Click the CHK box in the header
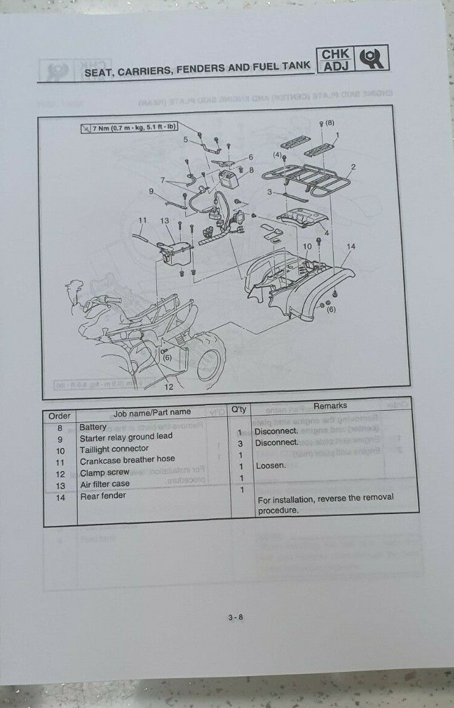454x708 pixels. [335, 54]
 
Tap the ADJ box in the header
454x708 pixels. [335, 66]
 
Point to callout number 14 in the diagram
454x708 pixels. [350, 247]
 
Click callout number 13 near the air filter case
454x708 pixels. [164, 221]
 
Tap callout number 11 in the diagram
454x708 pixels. [142, 220]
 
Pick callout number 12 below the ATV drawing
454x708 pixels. [169, 386]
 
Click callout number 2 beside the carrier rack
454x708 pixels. [353, 166]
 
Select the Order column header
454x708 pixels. [59, 415]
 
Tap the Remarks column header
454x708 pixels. [329, 405]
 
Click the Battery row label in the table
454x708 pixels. [93, 427]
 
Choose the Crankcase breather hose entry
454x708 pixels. [127, 459]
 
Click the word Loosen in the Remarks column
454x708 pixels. [270, 466]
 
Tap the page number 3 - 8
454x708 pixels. [236, 617]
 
